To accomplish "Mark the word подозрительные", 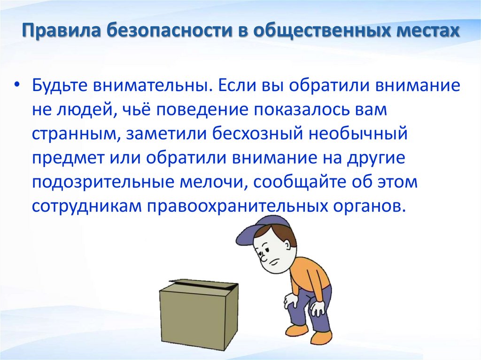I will click(x=101, y=183).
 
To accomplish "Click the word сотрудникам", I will click(x=86, y=207).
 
